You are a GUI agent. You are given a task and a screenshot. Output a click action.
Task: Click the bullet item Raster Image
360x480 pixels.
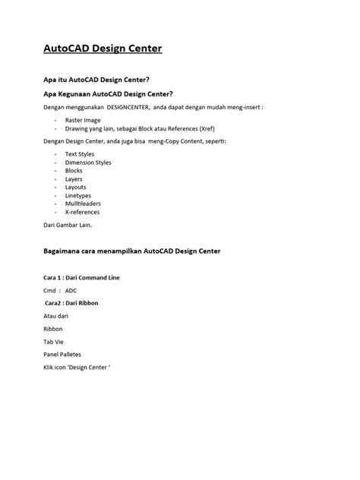pos(83,120)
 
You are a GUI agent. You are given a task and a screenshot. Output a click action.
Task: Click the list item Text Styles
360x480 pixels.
pos(80,154)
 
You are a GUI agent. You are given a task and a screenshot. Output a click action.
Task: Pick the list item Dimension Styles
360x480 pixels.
pos(88,163)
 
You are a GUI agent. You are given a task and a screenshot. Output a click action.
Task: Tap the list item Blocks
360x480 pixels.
pos(74,171)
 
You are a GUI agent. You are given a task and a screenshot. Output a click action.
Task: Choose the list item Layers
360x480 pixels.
pos(74,179)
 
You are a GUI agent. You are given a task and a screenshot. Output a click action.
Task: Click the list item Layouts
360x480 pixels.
pos(75,187)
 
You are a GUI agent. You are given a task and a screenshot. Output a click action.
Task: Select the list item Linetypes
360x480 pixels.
pos(77,195)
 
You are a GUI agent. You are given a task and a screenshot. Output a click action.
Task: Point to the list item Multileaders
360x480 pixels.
pos(82,204)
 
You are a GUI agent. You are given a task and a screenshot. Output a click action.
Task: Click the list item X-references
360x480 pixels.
pos(82,212)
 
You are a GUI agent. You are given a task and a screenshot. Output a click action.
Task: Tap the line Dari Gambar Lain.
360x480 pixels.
pos(67,226)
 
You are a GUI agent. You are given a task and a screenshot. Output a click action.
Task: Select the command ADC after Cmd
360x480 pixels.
pos(71,290)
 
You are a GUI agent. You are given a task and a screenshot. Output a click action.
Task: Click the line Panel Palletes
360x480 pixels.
pos(62,355)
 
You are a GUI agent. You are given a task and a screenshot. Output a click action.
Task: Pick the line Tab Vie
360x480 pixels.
pos(54,342)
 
